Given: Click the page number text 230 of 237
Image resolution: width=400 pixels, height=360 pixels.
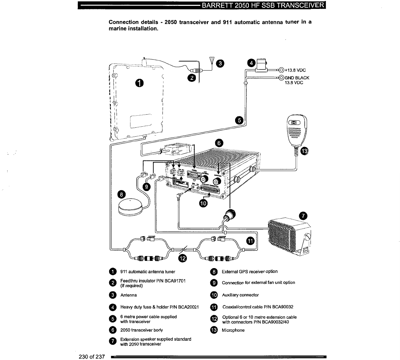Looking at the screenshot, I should [x=92, y=356].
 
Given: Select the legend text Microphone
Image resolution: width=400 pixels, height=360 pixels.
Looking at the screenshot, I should [x=233, y=330].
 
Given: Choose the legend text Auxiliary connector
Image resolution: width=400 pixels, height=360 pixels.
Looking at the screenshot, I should [x=240, y=295].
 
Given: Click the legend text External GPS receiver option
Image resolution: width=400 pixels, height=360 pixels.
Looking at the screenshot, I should [x=250, y=272].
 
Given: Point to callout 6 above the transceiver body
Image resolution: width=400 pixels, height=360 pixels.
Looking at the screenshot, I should [x=219, y=143].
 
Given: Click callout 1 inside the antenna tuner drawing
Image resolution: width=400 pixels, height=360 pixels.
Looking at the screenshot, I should [x=139, y=83].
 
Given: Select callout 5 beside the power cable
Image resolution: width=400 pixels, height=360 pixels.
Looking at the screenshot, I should [x=239, y=120].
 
